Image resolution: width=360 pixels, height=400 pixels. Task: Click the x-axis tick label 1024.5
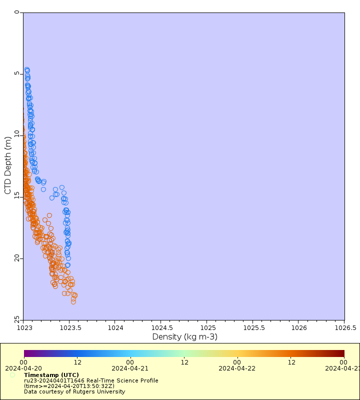[161, 328]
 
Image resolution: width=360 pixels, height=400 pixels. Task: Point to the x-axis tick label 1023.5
[69, 328]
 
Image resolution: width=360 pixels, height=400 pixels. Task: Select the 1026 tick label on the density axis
[298, 328]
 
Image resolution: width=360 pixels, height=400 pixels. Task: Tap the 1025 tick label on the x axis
[207, 328]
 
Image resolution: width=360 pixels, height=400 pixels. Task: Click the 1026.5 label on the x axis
[344, 328]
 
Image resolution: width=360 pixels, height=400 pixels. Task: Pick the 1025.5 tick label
[252, 328]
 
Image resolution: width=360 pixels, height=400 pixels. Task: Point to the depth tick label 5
[18, 74]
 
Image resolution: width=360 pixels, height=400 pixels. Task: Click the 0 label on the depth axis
[18, 13]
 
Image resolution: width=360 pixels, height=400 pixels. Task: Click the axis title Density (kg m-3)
[184, 337]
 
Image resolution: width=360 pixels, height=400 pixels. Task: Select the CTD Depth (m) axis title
[7, 165]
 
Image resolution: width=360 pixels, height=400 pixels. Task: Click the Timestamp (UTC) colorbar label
[51, 375]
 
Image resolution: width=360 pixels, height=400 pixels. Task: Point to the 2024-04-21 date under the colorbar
[129, 368]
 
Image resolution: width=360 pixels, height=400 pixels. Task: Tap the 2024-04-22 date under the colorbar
[236, 368]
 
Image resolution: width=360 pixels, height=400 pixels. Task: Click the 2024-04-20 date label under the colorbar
[23, 368]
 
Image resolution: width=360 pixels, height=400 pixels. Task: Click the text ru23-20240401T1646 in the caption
[56, 380]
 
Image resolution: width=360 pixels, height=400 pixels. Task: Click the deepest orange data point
[73, 301]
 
